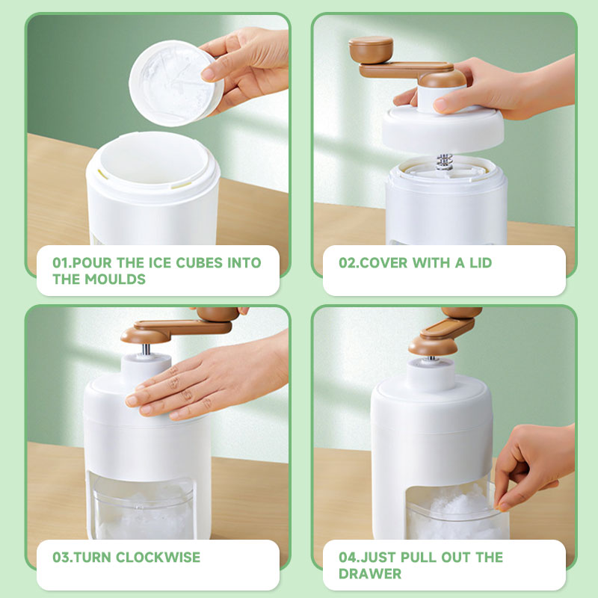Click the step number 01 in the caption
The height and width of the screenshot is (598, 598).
61,263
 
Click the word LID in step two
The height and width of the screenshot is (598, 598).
481,263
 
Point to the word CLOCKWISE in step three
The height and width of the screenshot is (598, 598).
158,557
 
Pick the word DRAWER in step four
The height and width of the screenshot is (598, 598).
370,573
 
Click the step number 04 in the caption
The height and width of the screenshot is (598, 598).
347,557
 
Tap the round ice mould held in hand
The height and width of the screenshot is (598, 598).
176,83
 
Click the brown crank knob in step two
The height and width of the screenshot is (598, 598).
371,49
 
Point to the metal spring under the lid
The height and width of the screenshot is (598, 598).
444,161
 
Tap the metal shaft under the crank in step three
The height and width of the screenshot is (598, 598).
146,349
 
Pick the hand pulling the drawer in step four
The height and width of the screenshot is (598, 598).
534,465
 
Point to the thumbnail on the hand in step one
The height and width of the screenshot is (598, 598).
209,73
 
